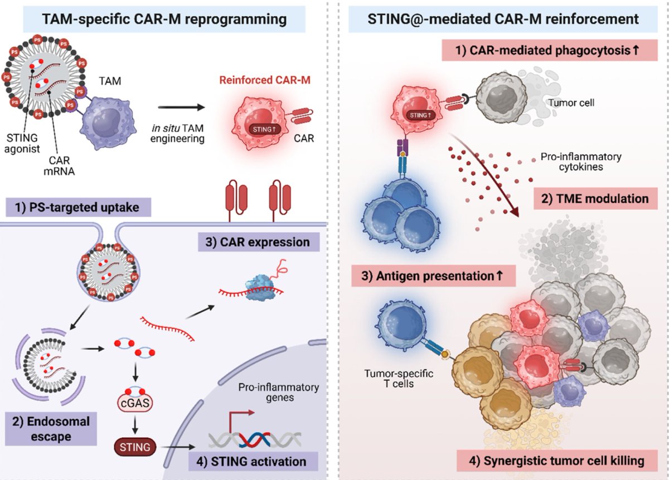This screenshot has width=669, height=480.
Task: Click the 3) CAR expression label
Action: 258,242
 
